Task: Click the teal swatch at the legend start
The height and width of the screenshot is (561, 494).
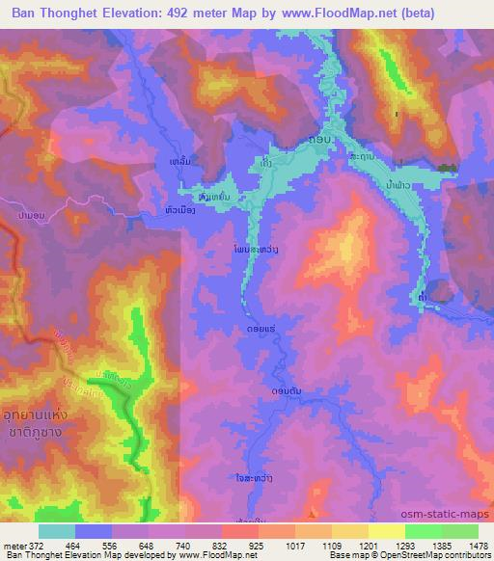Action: pyautogui.click(x=56, y=531)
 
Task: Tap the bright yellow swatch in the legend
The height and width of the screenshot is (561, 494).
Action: pyautogui.click(x=386, y=531)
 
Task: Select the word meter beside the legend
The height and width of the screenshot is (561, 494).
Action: pyautogui.click(x=13, y=546)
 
